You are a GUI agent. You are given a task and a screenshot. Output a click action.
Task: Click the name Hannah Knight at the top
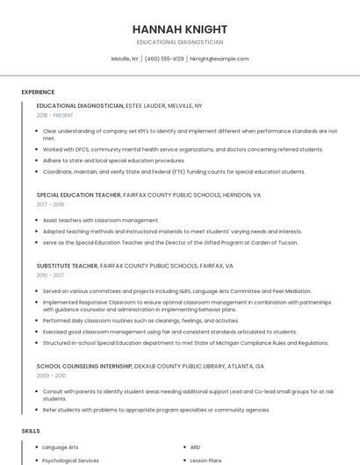[180, 29]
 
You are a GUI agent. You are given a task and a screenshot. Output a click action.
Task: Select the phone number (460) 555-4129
[164, 59]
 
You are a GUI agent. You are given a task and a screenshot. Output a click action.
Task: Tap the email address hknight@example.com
[219, 59]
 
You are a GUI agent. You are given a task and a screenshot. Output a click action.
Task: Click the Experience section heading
[38, 92]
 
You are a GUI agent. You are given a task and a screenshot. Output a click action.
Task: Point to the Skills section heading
[31, 431]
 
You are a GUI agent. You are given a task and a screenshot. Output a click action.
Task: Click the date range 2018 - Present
[54, 115]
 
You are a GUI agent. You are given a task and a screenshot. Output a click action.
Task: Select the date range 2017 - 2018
[50, 204]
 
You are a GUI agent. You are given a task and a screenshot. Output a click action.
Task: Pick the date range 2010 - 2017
[50, 275]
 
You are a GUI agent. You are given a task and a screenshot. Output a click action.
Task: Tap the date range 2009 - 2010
[50, 375]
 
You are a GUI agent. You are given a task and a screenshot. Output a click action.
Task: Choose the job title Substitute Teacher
[67, 265]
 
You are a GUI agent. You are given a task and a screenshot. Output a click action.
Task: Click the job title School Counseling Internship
[84, 365]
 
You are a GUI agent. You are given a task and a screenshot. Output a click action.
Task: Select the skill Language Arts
[61, 447]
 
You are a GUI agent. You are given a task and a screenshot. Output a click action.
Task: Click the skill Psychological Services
[71, 460]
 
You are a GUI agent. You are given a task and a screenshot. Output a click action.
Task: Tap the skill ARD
[196, 447]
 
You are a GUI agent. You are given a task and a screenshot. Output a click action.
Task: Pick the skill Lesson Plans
[206, 460]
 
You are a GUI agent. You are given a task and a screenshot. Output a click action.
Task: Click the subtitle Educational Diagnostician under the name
[180, 42]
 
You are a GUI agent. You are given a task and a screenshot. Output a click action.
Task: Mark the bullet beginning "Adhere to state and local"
[114, 161]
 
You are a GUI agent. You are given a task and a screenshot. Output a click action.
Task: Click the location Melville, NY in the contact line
[125, 59]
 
